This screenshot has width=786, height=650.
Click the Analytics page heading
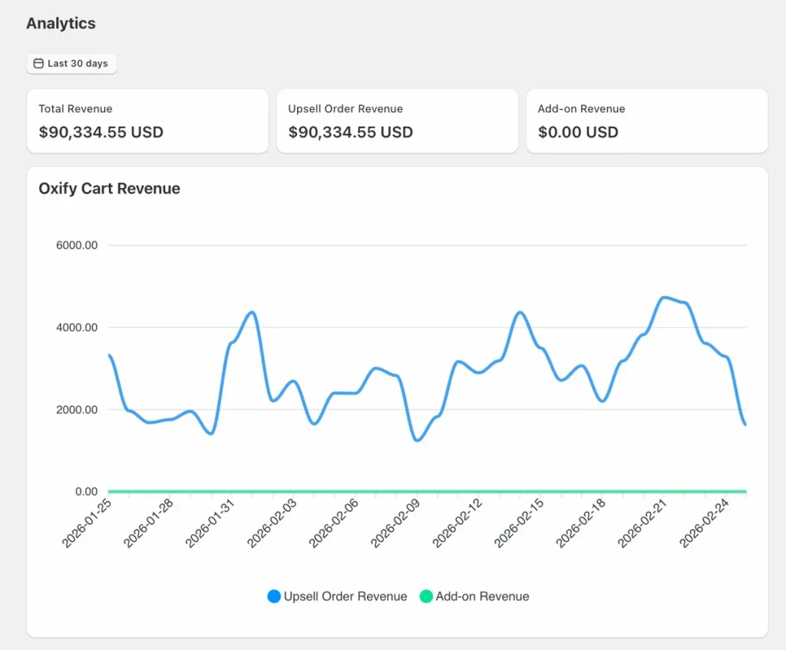[x=61, y=23]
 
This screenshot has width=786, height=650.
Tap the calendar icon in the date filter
[x=38, y=64]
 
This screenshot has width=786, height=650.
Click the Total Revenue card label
[x=75, y=109]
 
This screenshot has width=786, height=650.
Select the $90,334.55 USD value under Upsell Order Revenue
[x=350, y=132]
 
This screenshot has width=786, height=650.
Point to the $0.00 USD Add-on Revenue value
[x=577, y=132]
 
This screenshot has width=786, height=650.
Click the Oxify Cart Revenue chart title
[x=109, y=189]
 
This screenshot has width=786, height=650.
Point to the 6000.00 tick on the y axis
[x=77, y=246]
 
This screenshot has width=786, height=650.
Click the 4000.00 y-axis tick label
[x=77, y=328]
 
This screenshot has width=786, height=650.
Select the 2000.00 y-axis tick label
[x=77, y=410]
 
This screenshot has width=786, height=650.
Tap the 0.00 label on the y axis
[x=86, y=491]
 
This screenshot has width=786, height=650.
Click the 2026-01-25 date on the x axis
[x=87, y=523]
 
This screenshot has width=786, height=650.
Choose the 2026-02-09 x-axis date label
[x=396, y=523]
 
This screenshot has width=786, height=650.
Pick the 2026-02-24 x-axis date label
[x=705, y=523]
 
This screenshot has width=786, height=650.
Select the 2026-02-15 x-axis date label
[x=520, y=523]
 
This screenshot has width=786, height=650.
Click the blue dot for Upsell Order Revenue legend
[x=274, y=596]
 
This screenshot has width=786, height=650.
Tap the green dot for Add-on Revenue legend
[x=426, y=596]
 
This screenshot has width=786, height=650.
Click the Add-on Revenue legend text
[x=482, y=596]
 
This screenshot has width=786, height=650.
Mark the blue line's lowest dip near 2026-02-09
[x=417, y=440]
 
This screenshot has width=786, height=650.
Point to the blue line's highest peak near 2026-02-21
[x=665, y=297]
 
